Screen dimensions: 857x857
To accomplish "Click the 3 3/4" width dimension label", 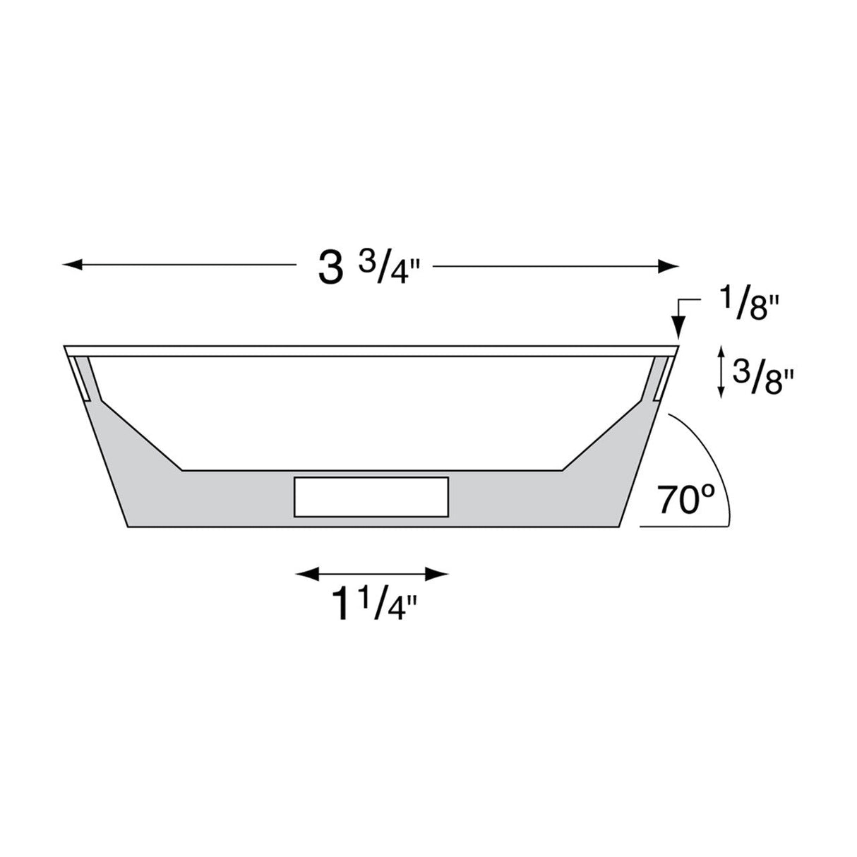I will [x=364, y=268].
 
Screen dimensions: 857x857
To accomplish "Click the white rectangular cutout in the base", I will [x=371, y=497].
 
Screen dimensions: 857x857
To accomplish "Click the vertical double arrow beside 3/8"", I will [x=720, y=371].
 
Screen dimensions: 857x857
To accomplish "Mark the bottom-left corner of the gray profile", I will [x=127, y=526].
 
